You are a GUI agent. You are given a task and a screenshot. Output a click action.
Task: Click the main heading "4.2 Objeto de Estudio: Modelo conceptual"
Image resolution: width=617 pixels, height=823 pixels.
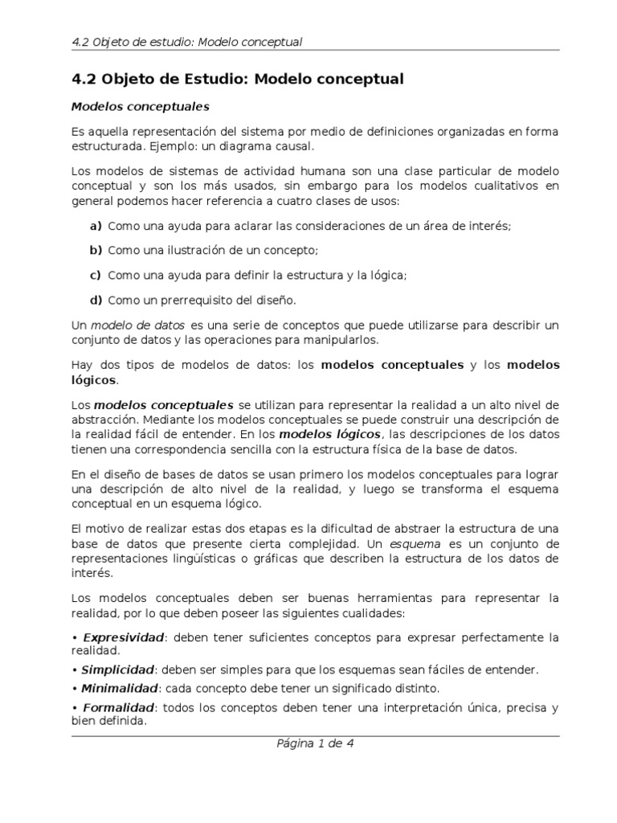238,79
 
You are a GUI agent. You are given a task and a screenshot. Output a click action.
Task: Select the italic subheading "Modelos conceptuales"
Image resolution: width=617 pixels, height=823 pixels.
141,105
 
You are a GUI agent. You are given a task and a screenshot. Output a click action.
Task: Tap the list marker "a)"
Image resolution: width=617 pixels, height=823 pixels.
96,226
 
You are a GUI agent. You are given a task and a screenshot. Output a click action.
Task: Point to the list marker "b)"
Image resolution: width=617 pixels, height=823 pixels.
96,251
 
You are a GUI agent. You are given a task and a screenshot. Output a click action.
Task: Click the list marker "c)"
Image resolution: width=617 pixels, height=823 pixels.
95,275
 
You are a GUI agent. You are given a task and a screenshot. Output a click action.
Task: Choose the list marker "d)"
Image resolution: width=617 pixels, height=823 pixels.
96,300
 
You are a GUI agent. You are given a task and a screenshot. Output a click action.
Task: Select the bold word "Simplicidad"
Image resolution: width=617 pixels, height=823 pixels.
117,669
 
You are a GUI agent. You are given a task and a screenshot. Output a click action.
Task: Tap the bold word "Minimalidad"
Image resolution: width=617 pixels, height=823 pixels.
119,688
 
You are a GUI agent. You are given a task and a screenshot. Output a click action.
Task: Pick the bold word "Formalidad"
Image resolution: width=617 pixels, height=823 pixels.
117,708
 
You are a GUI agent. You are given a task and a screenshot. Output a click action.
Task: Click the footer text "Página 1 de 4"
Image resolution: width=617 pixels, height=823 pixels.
315,743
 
